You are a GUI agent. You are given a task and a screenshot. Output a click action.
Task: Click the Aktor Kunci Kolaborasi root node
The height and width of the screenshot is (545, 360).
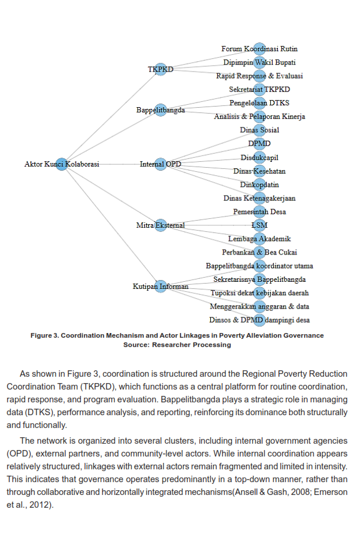62,164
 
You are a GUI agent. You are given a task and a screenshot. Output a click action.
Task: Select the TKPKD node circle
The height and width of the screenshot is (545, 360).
160,69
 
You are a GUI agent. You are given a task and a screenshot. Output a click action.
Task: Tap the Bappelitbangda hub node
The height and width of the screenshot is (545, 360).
160,110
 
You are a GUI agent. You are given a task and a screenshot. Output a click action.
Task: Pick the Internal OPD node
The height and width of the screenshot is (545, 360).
160,164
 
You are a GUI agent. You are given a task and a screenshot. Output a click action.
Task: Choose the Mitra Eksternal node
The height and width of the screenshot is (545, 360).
160,225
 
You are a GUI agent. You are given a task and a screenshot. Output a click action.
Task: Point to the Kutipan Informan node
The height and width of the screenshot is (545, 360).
160,286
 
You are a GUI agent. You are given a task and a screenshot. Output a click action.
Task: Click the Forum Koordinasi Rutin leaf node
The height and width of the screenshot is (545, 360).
259,49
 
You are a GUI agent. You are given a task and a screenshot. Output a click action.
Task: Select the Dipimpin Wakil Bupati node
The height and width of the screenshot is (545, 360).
259,62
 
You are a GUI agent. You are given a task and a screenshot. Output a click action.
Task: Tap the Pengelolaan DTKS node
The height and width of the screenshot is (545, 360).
259,103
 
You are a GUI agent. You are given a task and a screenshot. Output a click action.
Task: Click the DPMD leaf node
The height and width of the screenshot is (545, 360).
259,144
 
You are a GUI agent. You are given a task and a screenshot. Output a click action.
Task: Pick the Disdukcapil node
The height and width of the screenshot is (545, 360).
259,157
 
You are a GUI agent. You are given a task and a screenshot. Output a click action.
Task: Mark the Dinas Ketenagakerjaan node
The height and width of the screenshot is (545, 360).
259,198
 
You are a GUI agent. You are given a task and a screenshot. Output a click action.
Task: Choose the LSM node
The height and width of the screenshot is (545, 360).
259,225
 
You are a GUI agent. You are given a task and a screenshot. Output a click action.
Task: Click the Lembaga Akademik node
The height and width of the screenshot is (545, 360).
259,239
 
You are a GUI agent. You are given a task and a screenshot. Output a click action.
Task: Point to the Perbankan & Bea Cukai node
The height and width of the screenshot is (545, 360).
259,252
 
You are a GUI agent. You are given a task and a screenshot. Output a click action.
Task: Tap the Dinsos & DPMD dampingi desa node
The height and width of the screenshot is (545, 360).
259,320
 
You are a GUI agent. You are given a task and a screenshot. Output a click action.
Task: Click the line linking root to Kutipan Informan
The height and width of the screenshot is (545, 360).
111,225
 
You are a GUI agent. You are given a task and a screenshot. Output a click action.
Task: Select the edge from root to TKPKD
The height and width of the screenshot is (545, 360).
111,116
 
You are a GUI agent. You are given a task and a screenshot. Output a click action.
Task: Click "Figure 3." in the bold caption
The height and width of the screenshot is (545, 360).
44,335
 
